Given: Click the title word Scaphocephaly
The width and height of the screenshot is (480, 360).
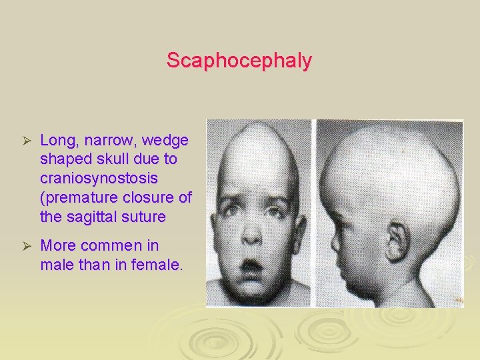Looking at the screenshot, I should click(x=239, y=61).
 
